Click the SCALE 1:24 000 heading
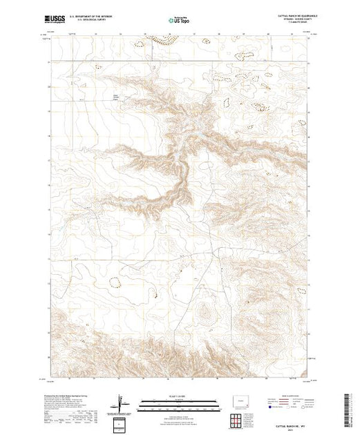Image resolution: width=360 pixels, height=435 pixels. point(179,396)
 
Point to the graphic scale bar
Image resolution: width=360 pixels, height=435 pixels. point(179,401)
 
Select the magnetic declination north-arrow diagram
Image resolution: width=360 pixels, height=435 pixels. point(119,403)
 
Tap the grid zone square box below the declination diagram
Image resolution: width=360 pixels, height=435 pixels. point(119,423)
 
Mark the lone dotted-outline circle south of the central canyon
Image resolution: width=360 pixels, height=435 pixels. point(115,282)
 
